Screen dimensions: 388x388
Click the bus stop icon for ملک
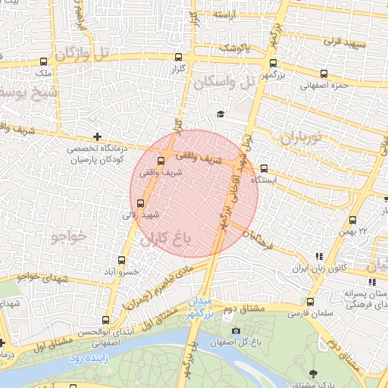click(x=43, y=62)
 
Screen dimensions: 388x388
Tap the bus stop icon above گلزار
click(x=178, y=57)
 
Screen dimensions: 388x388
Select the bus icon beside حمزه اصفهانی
click(x=324, y=74)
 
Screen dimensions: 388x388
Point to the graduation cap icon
click(x=221, y=114)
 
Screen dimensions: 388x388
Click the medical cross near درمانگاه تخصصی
click(x=96, y=136)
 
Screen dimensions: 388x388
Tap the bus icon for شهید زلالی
click(x=140, y=203)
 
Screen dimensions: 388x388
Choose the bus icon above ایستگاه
click(x=264, y=169)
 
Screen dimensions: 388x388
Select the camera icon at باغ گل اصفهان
click(x=236, y=330)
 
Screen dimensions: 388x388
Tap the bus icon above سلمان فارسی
click(x=309, y=302)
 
